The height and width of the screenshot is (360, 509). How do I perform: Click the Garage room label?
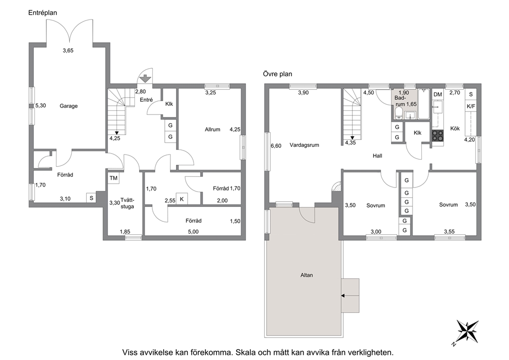68,106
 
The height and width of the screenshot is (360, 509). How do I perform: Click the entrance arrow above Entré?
145,78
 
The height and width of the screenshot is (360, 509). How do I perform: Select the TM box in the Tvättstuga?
113,178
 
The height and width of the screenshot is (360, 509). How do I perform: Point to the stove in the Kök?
438,136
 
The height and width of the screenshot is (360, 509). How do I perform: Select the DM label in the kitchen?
438,94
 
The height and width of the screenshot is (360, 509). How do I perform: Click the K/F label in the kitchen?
471,106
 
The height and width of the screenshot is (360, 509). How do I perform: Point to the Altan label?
306,275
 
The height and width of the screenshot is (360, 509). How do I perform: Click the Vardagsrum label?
304,145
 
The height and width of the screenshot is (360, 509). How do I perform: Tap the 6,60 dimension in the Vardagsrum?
276,146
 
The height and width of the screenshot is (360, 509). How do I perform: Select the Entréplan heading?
43,13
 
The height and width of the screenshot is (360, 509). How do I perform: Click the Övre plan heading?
278,74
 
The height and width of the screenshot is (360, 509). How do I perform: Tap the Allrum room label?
212,129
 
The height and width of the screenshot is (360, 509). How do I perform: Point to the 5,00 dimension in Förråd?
193,232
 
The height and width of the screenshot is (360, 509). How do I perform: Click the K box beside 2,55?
182,199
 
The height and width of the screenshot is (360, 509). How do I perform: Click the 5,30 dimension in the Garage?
41,106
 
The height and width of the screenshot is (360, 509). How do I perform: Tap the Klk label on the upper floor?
418,133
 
